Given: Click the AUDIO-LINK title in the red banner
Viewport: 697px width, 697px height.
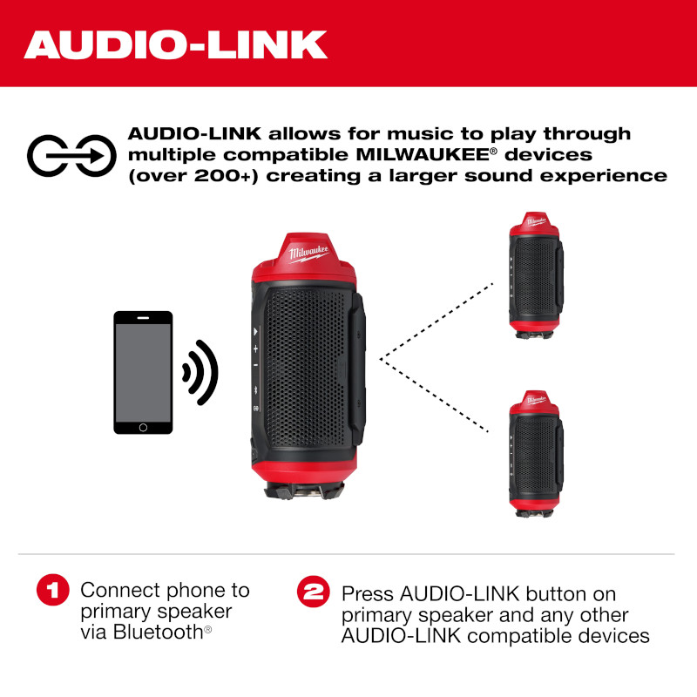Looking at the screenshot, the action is [x=176, y=44].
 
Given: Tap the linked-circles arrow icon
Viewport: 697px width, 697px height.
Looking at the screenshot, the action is [x=71, y=156].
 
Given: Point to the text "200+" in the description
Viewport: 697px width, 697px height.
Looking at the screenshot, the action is [x=222, y=176].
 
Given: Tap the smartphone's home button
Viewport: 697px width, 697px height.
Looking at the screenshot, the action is [x=143, y=427].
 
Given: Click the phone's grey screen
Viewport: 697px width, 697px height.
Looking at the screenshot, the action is [x=143, y=373].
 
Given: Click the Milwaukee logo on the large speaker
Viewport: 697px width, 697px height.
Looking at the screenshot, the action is [x=308, y=254].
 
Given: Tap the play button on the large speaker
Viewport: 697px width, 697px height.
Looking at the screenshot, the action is [x=255, y=331].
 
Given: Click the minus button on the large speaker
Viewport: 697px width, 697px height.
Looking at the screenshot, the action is [x=255, y=365].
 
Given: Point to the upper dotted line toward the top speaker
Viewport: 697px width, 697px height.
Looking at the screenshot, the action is [x=436, y=321].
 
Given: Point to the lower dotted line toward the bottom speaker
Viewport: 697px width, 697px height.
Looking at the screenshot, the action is [x=434, y=396].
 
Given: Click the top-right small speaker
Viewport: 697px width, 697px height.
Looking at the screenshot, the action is [x=536, y=275].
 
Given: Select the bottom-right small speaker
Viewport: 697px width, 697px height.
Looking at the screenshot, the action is [x=536, y=453].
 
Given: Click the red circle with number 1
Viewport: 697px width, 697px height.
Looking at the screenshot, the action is [x=53, y=590].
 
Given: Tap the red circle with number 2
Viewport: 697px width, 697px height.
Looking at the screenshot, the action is [x=314, y=592].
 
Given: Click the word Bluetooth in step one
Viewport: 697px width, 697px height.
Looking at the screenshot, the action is [x=158, y=632].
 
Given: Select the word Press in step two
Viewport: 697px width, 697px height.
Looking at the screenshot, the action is [x=368, y=594].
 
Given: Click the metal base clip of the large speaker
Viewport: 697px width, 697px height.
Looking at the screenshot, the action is [x=304, y=491].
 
